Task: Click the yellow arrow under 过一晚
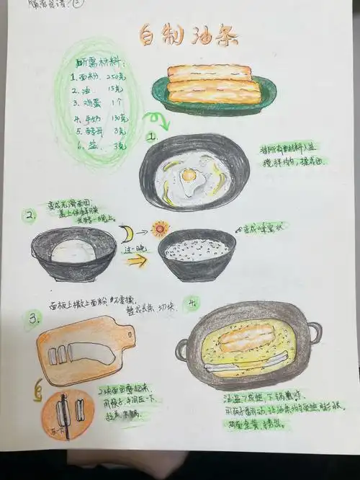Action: [x=137, y=261]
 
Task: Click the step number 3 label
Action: [x=32, y=318]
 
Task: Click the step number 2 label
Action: [x=30, y=215]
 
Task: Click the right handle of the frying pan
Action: [x=314, y=333]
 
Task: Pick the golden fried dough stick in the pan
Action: [x=246, y=337]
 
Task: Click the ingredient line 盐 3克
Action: [x=99, y=145]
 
